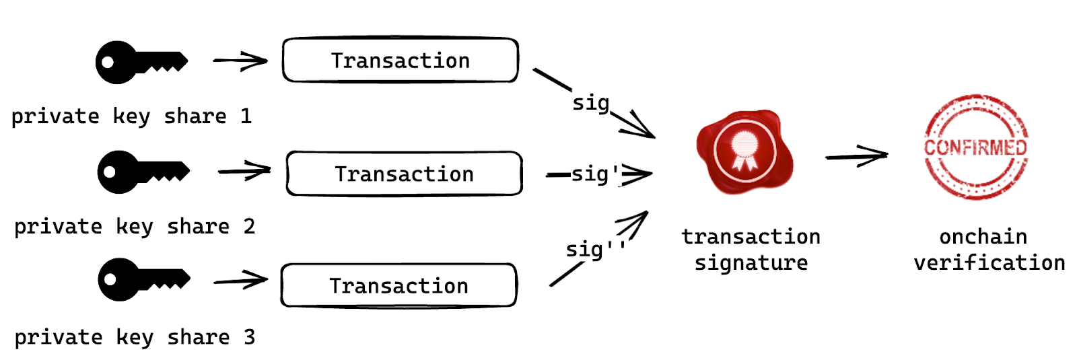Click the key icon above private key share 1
[140, 63]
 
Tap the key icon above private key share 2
[143, 172]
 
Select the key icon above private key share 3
[143, 279]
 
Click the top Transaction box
[400, 61]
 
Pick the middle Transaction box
[404, 174]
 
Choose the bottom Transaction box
[398, 285]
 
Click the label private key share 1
[131, 116]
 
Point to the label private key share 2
[134, 227]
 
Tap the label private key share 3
[134, 337]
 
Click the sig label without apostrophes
[590, 103]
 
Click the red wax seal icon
[744, 151]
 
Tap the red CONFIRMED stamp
[975, 147]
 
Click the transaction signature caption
[751, 249]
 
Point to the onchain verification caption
[989, 249]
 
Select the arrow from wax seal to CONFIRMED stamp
[856, 157]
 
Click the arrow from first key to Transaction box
[240, 61]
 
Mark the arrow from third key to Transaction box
[240, 281]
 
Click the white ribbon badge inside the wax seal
[744, 148]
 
